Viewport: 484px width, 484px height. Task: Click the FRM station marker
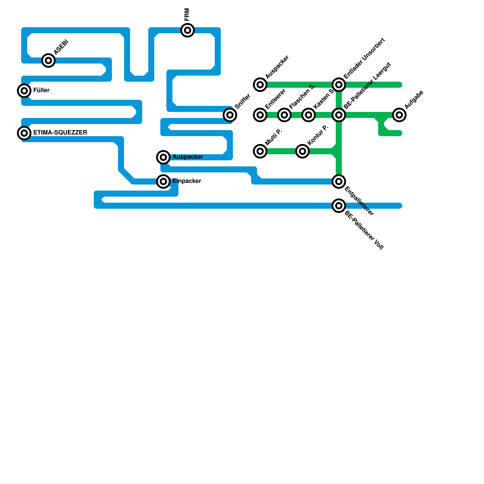[188, 30]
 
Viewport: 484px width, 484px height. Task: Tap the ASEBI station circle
[48, 60]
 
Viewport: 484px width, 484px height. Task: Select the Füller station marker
[24, 91]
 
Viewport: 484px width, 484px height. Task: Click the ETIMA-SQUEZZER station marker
[24, 133]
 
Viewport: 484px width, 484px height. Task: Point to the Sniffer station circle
[230, 115]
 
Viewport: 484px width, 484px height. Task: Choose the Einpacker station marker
[163, 181]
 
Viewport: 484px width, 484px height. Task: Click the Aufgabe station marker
[399, 115]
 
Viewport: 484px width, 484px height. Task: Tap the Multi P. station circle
[260, 151]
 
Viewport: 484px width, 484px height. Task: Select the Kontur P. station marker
[302, 151]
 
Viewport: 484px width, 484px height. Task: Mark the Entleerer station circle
[260, 115]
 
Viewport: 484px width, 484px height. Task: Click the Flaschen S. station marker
[284, 115]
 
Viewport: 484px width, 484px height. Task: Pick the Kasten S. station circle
[309, 115]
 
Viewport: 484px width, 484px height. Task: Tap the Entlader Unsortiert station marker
[339, 85]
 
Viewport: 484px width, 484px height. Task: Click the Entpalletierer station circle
[339, 181]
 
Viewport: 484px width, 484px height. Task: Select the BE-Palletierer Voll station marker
[339, 206]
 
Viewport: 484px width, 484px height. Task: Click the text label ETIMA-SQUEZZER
[60, 133]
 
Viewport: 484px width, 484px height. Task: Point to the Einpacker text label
[187, 181]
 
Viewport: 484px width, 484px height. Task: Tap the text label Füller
[41, 90]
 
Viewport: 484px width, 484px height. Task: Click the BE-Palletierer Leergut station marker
[339, 115]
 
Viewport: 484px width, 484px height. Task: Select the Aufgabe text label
[414, 100]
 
